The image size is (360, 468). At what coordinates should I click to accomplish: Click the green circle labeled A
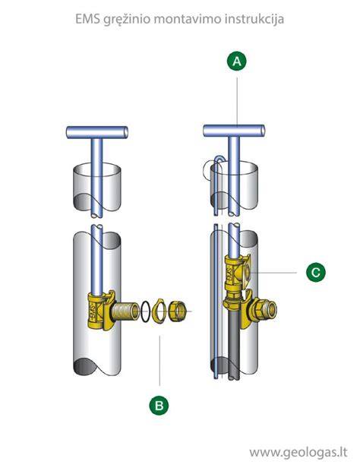pyautogui.click(x=237, y=62)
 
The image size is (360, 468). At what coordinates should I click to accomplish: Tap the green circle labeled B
pyautogui.click(x=159, y=406)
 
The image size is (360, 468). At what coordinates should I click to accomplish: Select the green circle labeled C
pyautogui.click(x=315, y=272)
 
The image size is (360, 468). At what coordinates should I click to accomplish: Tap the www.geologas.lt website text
pyautogui.click(x=298, y=452)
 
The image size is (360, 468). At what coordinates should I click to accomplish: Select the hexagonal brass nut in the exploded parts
pyautogui.click(x=177, y=311)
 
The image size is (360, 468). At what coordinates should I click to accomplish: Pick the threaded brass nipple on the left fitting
pyautogui.click(x=125, y=312)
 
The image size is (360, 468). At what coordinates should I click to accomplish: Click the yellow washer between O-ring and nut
pyautogui.click(x=159, y=311)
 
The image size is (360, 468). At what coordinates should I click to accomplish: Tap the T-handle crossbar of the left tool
pyautogui.click(x=97, y=132)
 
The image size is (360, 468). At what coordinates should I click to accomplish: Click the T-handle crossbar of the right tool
pyautogui.click(x=234, y=131)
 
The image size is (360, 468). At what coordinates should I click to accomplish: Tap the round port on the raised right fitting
pyautogui.click(x=248, y=272)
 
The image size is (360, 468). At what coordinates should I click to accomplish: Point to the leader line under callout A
pyautogui.click(x=237, y=102)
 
